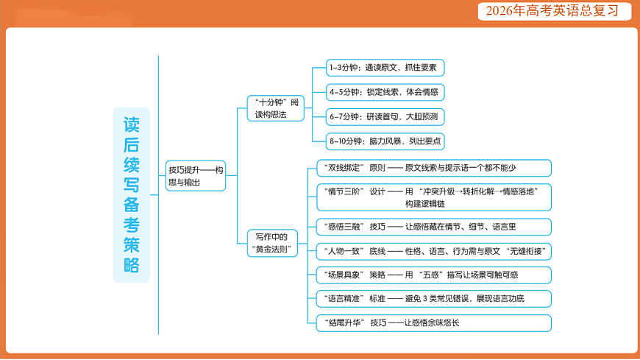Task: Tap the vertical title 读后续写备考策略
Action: coord(132,195)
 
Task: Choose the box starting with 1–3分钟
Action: coord(385,68)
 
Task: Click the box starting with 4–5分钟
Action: coord(385,92)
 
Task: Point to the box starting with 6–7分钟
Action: coord(385,116)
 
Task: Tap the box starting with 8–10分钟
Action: coord(385,141)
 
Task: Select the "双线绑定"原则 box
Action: coord(433,168)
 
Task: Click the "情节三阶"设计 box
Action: coord(433,197)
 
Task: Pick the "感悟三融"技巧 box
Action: coord(433,227)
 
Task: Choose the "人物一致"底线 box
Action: coord(433,251)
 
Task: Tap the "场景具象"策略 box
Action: coord(433,275)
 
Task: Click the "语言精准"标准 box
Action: coord(433,299)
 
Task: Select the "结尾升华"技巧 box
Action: coord(433,322)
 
